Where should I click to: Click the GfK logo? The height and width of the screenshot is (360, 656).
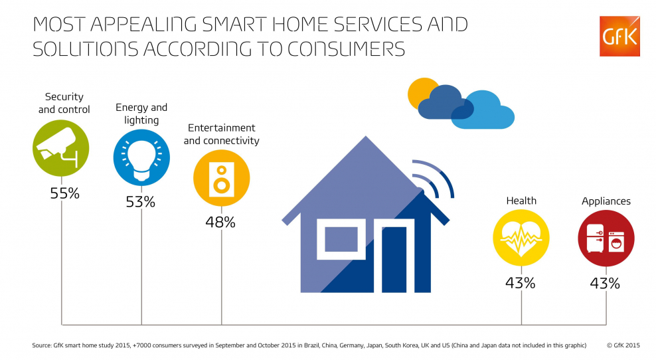619,36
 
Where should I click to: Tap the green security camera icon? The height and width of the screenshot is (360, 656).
60,148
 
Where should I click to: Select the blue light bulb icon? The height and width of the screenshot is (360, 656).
141,157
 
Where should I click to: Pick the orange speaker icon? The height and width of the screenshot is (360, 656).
221,178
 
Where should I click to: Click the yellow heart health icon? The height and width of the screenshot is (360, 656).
521,238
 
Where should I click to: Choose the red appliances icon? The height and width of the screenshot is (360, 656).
606,238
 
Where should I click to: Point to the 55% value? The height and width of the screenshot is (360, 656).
64,193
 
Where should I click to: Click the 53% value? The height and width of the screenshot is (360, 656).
141,202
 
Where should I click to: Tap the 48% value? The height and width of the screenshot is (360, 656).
220,222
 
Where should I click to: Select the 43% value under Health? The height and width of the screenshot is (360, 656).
521,283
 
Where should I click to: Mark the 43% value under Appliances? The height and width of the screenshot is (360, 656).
605,284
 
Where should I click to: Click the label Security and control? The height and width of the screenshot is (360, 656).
64,103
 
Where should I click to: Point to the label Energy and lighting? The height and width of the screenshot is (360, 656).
141,114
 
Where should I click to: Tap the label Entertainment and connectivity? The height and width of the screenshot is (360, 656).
221,134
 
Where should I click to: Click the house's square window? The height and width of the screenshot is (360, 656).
341,239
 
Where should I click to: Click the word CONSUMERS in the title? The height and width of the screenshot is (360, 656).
346,49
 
